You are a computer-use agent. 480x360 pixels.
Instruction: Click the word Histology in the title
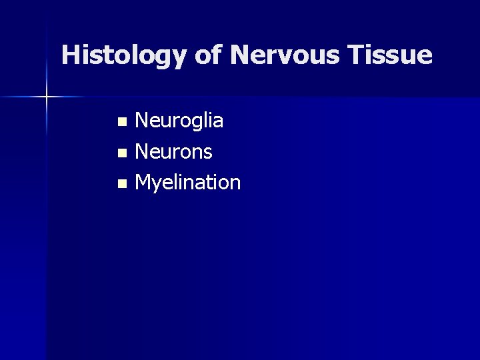point(124,55)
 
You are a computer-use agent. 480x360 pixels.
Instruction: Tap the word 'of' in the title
point(208,55)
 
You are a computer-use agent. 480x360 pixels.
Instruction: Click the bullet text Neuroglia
point(179,121)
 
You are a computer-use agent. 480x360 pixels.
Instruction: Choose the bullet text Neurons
point(173,152)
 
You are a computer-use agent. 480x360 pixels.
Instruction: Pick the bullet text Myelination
point(187,183)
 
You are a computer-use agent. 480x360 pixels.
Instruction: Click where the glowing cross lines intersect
point(47,97)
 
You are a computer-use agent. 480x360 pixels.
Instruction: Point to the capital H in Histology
point(70,55)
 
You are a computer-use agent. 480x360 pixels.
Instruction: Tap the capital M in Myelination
point(143,182)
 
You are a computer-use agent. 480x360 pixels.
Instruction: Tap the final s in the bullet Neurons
point(207,153)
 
